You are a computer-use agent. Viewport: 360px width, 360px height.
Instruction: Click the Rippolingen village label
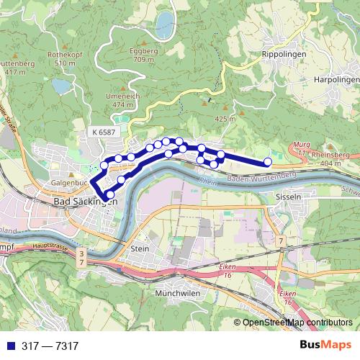pos(284,54)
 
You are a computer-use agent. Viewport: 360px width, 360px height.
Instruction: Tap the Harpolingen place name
pos(336,80)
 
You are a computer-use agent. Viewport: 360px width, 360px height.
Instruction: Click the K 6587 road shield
pos(104,132)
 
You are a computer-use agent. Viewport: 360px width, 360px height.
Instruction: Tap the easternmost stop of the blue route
pos(269,162)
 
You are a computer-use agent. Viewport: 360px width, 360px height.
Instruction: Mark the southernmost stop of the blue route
pos(109,194)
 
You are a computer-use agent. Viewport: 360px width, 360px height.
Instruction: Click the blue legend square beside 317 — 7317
pos(7,346)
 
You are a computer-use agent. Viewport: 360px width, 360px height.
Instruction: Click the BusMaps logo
pos(326,346)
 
